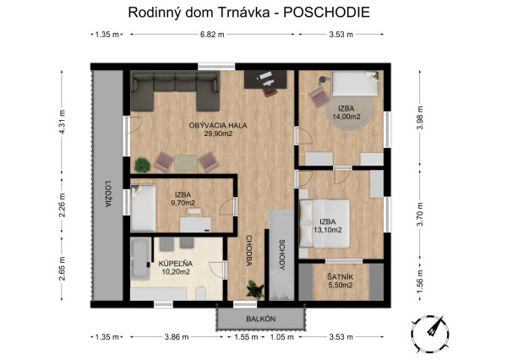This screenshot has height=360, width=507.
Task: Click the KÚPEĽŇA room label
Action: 176,264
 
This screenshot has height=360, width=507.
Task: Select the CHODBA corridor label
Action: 249,251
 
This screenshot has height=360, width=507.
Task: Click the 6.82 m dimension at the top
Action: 212,35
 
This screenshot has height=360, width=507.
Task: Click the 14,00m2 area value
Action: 346,117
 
